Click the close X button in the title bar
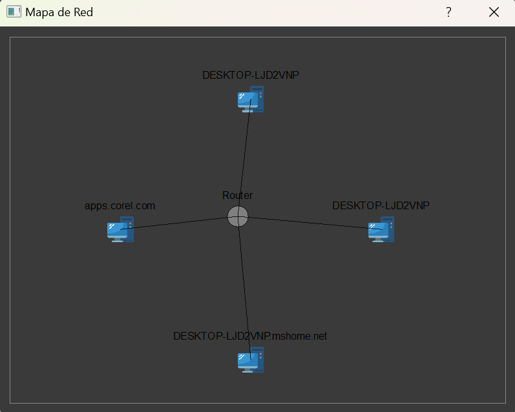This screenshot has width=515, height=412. (494, 12)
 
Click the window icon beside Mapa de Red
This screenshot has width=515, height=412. (14, 12)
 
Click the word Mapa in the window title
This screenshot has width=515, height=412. (39, 12)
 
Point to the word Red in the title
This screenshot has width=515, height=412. (83, 12)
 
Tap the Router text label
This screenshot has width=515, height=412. (237, 195)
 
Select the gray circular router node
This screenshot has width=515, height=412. (238, 216)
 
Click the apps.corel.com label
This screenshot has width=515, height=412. (120, 206)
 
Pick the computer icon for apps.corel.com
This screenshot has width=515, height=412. (121, 229)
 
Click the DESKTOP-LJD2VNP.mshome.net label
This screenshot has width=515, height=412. (250, 336)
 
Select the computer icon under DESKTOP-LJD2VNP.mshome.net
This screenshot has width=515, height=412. (251, 360)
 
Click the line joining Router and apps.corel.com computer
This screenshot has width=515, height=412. (179, 223)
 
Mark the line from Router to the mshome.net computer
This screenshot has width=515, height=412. (244, 288)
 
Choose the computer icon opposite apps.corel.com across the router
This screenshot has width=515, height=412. (381, 229)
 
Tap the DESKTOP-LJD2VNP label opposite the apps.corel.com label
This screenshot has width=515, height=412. (381, 205)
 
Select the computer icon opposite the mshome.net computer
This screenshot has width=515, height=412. (251, 99)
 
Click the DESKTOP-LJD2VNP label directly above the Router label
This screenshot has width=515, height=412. (251, 75)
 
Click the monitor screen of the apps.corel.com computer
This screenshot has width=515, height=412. (117, 230)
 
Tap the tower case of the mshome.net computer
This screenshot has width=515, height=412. (258, 360)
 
